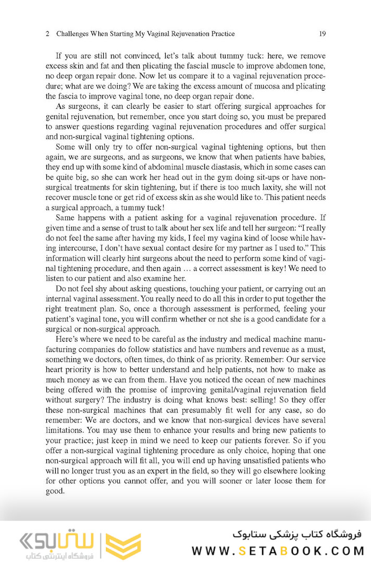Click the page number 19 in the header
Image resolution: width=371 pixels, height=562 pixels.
(322, 34)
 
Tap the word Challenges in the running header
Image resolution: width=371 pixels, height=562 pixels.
(72, 34)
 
